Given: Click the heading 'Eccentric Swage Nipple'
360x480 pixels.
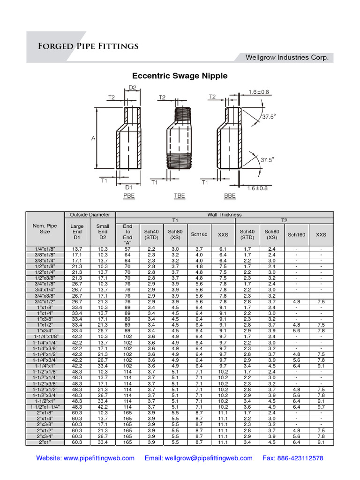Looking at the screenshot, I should pos(180,76).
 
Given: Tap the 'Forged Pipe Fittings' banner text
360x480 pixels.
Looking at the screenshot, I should pos(88,46).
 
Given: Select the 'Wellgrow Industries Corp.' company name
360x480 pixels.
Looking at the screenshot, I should pos(289,58).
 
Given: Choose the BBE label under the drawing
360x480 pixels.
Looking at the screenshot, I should pos(229,196).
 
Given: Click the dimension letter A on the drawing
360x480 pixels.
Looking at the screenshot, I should pos(93,138).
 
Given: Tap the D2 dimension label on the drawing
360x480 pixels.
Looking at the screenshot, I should pos(132,87).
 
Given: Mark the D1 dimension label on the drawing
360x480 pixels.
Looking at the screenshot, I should pos(128,187).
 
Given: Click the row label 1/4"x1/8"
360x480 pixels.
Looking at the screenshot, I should pos(45,248).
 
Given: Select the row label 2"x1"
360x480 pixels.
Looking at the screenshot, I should pos(45,442).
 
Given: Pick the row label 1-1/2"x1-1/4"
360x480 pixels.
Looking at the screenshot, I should pos(45,407).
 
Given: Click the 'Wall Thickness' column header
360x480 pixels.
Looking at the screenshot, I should pos(225,215).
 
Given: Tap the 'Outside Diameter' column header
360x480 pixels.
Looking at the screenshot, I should pos(90,215).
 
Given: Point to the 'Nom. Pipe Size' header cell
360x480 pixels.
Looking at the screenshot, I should pos(45,228).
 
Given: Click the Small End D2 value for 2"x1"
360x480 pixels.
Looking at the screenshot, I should pos(103,442).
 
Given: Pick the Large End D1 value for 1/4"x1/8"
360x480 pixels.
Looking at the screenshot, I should pos(77,248).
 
